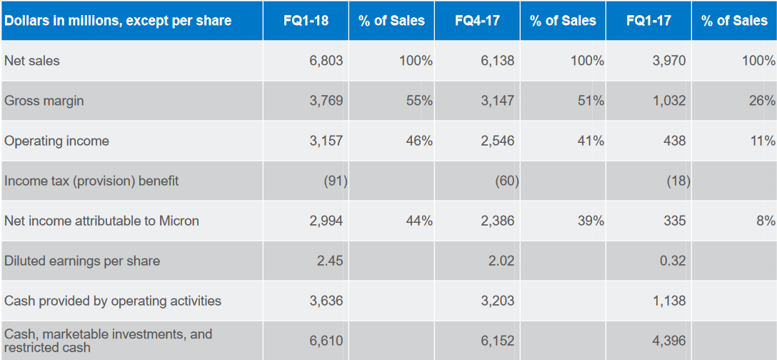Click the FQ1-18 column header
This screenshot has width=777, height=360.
[306, 21]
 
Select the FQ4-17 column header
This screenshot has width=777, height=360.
[477, 21]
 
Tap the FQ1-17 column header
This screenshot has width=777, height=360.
[648, 21]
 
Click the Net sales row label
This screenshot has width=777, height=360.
[32, 61]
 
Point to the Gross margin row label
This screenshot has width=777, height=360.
[44, 101]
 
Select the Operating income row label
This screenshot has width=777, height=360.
[56, 141]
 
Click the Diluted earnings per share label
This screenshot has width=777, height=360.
[82, 261]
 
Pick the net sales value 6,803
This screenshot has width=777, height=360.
[326, 61]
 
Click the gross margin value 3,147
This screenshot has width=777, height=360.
[497, 101]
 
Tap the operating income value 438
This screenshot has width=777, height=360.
[673, 141]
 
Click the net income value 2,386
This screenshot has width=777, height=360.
[497, 221]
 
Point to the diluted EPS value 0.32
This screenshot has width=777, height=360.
[673, 261]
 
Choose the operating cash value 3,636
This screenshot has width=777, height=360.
[326, 301]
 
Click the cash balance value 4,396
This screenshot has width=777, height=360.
[668, 341]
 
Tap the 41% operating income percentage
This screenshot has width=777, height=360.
[591, 141]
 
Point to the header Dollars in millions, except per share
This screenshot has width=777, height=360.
[118, 21]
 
